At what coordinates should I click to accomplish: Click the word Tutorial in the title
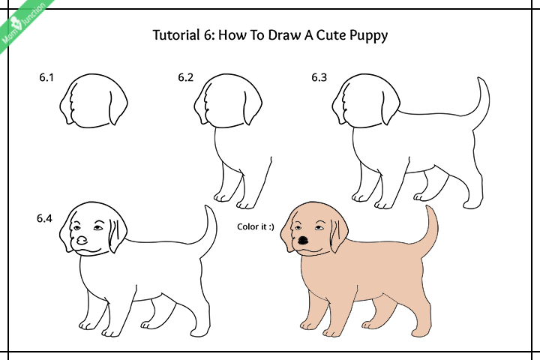point(176,35)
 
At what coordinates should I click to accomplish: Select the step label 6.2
point(186,77)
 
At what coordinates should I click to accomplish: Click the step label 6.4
point(45,219)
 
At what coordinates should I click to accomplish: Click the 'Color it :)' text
point(256,225)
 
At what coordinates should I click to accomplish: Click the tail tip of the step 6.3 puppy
point(484,79)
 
